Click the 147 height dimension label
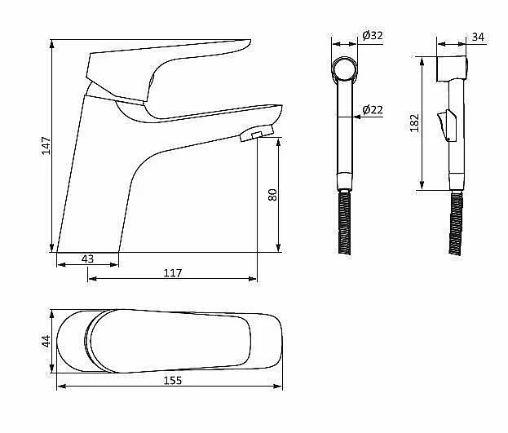[x=46, y=146]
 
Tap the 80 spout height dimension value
[x=272, y=195]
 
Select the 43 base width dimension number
[x=87, y=259]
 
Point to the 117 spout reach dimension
[x=173, y=273]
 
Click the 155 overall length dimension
[x=173, y=380]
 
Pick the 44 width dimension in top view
[x=46, y=342]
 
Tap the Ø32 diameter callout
[x=373, y=35]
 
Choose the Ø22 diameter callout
[x=373, y=110]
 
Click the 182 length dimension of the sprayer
[x=414, y=123]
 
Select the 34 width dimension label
[x=478, y=37]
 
